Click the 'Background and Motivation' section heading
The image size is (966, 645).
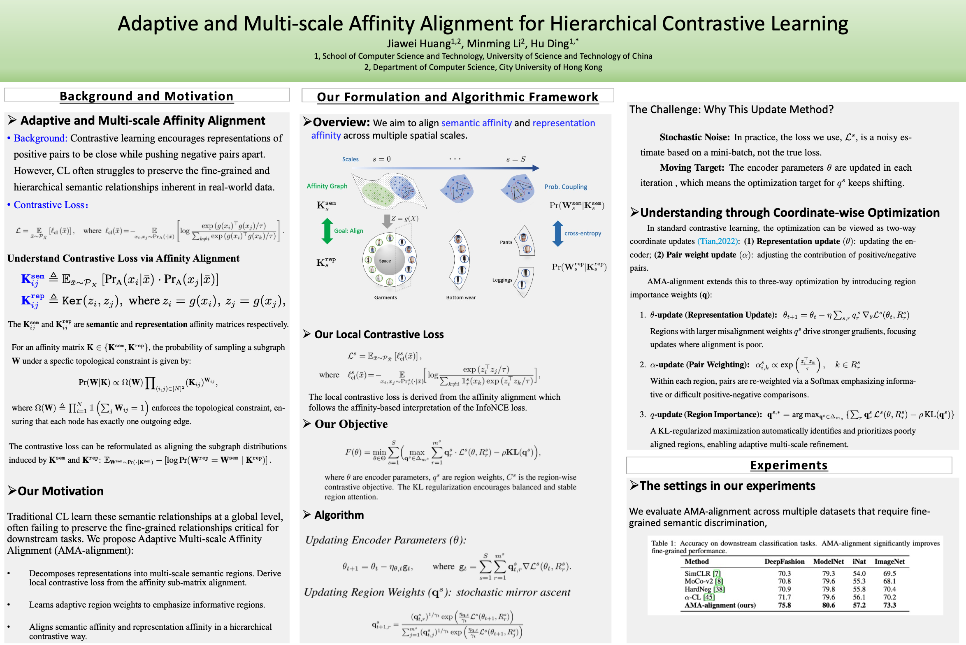[146, 96]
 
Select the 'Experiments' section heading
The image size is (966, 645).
[789, 465]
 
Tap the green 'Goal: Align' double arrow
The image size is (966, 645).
[327, 231]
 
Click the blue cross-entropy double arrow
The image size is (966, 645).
[558, 233]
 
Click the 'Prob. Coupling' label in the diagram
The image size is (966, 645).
[566, 187]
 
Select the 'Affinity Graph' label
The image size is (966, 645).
[327, 186]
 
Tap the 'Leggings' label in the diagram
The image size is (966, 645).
[502, 280]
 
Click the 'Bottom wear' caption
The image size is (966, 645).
[461, 297]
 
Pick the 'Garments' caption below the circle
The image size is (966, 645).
[385, 297]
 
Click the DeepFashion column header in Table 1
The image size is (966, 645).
[785, 561]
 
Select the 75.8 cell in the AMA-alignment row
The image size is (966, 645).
[785, 605]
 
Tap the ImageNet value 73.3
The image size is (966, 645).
[889, 605]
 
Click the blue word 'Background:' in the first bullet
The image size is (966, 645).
[40, 138]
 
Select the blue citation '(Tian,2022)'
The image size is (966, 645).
[718, 241]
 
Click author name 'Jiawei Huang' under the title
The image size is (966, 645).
[419, 44]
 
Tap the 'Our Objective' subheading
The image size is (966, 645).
[351, 424]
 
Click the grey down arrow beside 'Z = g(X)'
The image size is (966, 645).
[387, 221]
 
